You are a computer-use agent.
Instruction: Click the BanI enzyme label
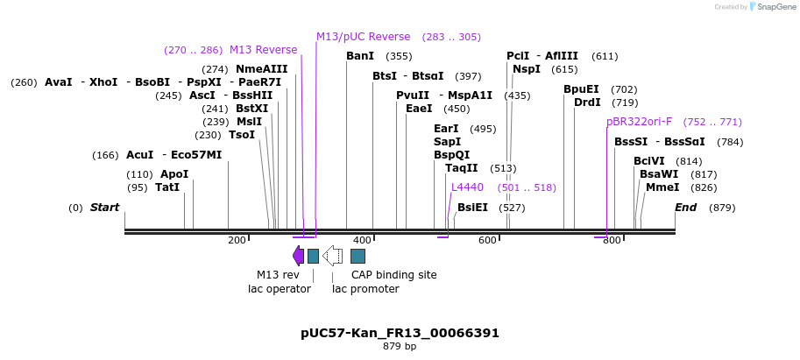[360, 56]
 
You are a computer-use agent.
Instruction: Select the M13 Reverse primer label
[263, 50]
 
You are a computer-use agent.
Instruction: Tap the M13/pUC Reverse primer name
[363, 37]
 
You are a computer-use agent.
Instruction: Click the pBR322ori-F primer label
[639, 122]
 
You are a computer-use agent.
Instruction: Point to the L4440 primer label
[467, 187]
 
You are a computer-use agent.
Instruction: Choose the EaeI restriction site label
[419, 109]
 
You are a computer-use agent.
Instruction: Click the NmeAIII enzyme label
[261, 69]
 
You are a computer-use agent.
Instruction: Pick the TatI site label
[167, 187]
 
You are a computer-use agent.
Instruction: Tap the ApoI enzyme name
[173, 174]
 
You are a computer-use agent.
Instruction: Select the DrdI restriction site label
[587, 102]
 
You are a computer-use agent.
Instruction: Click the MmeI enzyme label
[662, 187]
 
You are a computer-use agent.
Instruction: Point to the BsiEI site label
[472, 208]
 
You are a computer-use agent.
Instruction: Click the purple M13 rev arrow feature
[298, 255]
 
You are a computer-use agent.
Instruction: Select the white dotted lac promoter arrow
[332, 255]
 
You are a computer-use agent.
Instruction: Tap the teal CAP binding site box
[358, 256]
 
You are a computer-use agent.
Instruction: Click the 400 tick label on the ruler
[362, 240]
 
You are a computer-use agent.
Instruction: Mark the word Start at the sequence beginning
[104, 208]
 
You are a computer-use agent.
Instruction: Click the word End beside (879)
[685, 208]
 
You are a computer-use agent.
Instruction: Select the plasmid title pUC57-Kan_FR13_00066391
[400, 333]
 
